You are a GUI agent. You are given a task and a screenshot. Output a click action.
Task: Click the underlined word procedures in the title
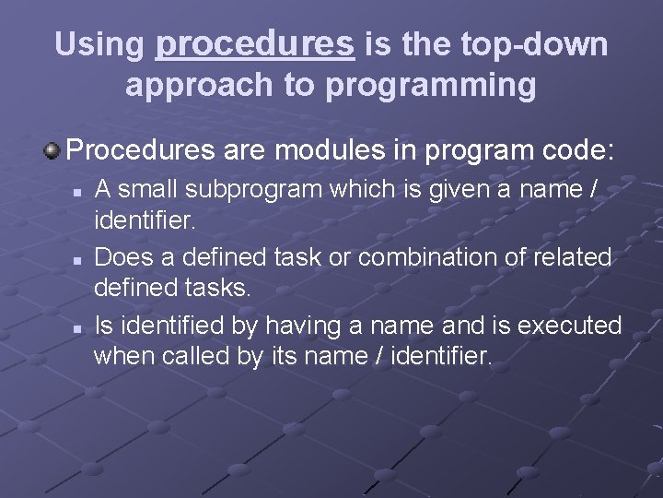click(x=255, y=43)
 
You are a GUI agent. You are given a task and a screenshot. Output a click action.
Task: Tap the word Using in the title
click(x=99, y=43)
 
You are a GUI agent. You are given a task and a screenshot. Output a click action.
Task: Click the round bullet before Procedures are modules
click(x=54, y=148)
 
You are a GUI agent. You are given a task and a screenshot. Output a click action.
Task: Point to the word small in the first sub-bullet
click(x=150, y=189)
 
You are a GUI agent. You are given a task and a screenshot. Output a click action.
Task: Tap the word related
click(x=578, y=257)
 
